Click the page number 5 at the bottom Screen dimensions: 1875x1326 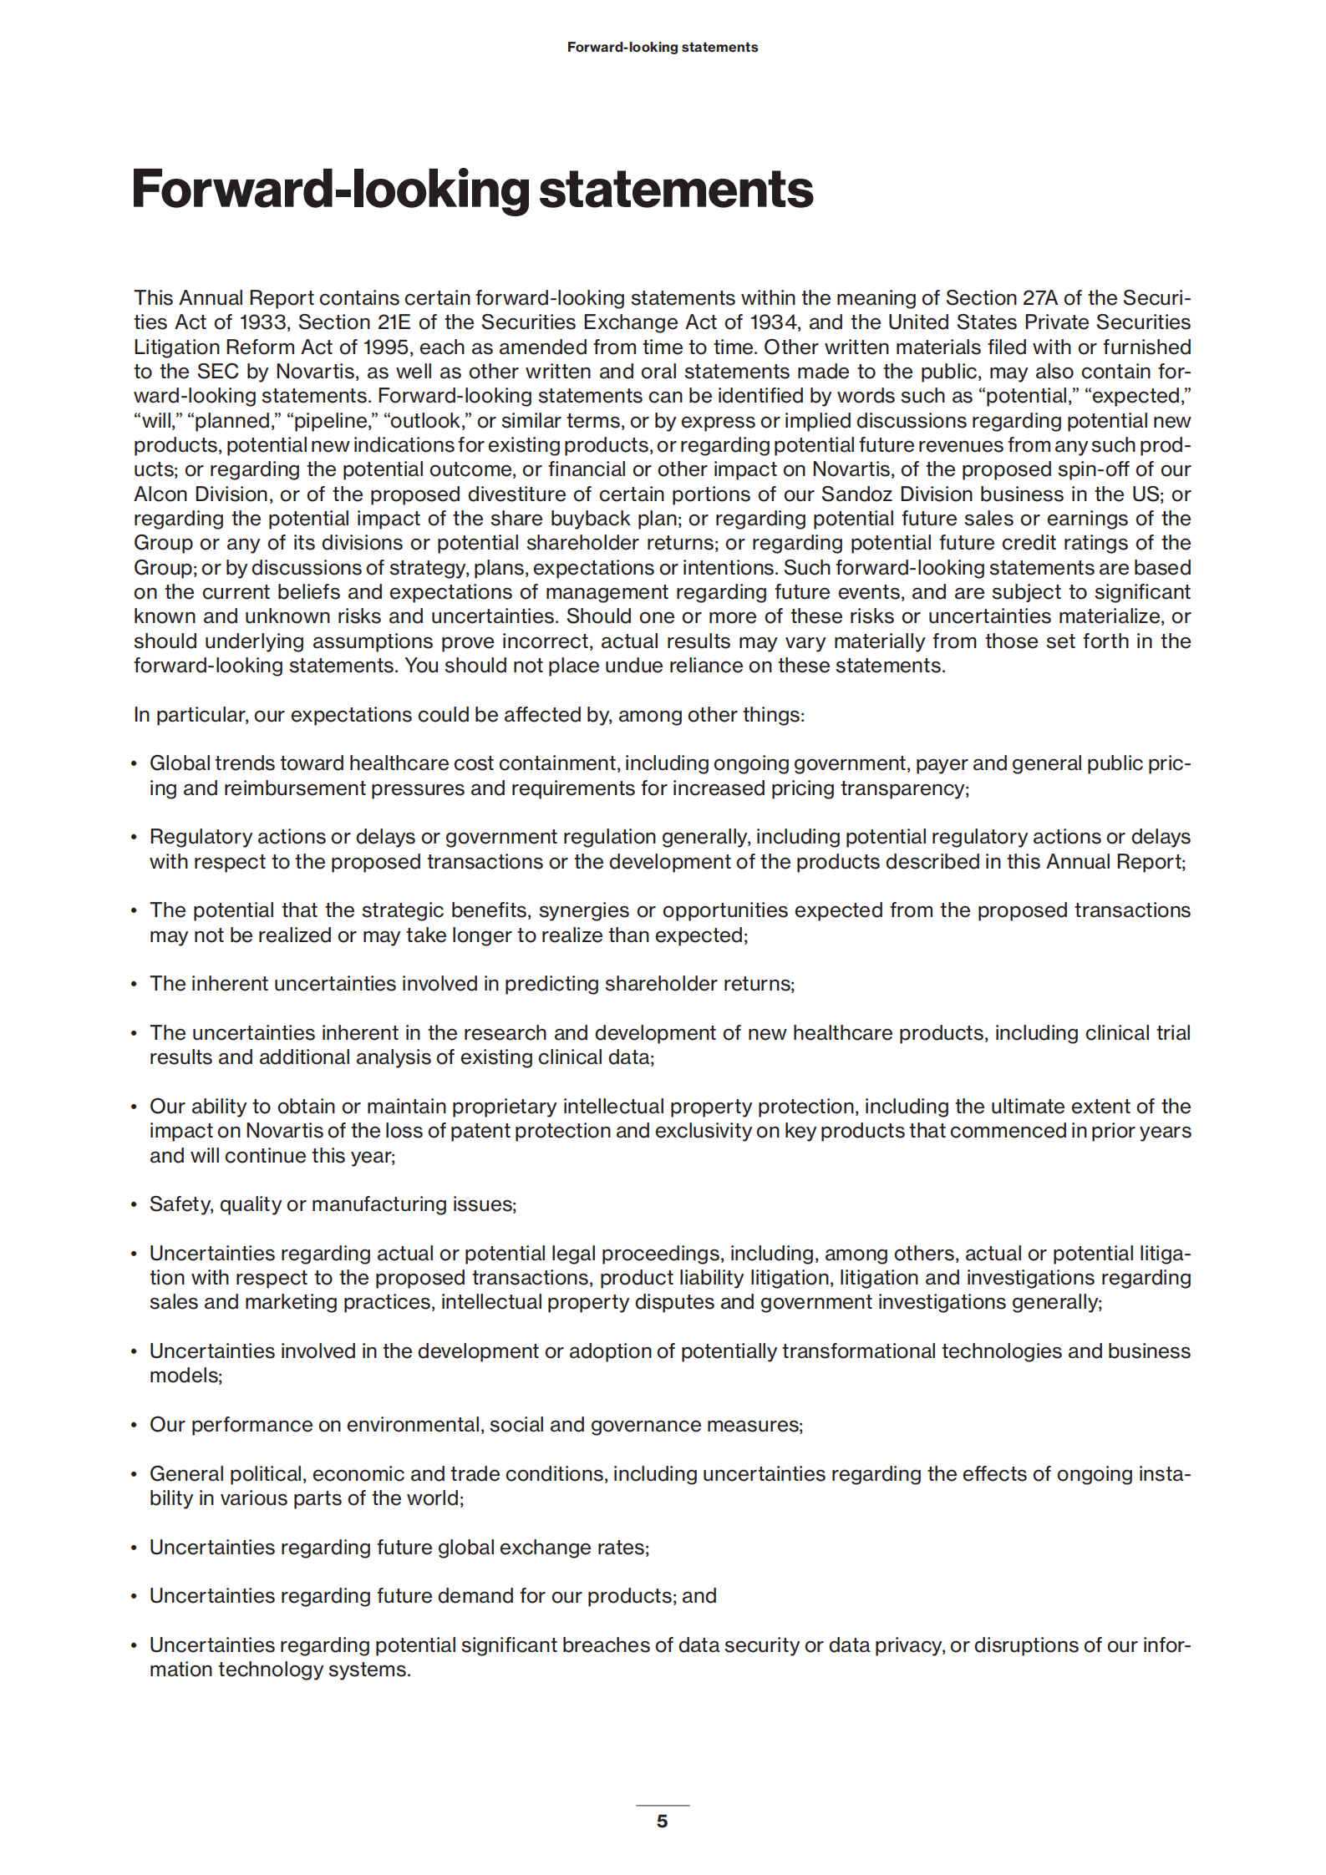pyautogui.click(x=662, y=1821)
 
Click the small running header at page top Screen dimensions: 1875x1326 pyautogui.click(x=662, y=48)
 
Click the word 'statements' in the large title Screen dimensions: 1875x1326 pyautogui.click(x=675, y=190)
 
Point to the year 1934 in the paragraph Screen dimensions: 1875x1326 pyautogui.click(x=773, y=322)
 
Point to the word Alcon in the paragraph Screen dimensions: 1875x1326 pyautogui.click(x=161, y=494)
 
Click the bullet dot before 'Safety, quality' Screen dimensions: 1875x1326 pyautogui.click(x=134, y=1205)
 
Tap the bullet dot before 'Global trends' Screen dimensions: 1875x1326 pyautogui.click(x=134, y=764)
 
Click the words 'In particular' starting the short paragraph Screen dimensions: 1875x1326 pyautogui.click(x=190, y=715)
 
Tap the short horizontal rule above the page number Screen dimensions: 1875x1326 pyautogui.click(x=662, y=1805)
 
